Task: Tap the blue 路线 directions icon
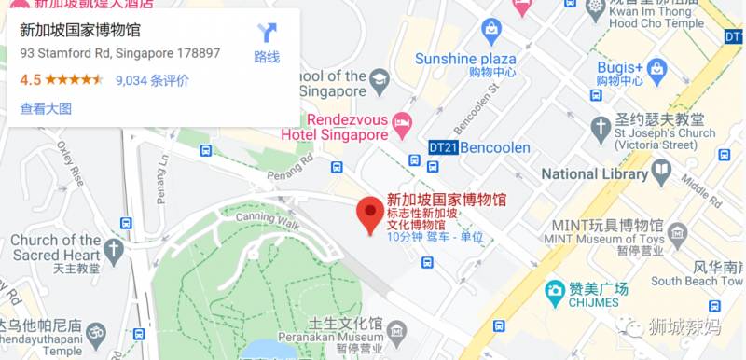click(x=267, y=35)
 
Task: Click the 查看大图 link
click(x=46, y=108)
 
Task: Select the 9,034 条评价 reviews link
click(x=152, y=80)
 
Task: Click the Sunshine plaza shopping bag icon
click(x=490, y=32)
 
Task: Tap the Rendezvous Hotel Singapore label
click(x=334, y=127)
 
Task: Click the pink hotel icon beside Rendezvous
click(x=402, y=121)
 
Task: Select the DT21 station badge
click(x=443, y=147)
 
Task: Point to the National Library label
click(x=594, y=173)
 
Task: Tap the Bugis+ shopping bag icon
click(x=657, y=67)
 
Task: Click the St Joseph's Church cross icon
click(x=598, y=127)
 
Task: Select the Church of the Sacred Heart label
click(x=55, y=247)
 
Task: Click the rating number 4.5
click(x=31, y=80)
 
